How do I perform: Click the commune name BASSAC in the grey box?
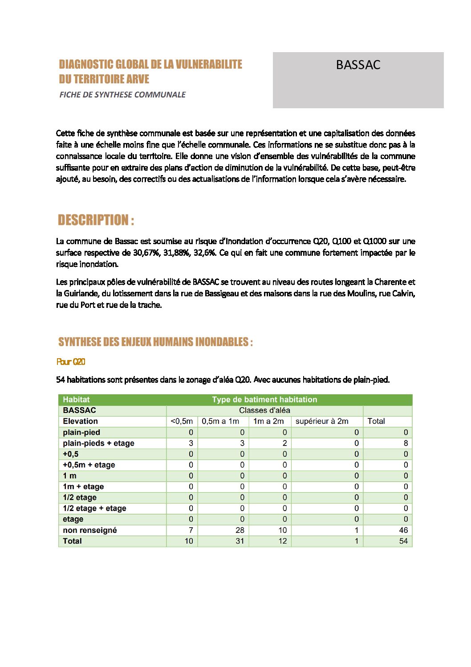pos(358,65)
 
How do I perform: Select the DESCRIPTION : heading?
pos(96,220)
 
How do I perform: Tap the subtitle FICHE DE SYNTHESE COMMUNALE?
pos(122,94)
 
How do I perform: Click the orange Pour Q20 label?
pos(71,362)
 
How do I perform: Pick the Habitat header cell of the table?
pos(76,400)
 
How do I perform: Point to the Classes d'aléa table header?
pos(264,410)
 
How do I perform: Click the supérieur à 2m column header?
pos(322,421)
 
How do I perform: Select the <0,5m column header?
pos(182,421)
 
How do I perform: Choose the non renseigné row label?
pos(90,530)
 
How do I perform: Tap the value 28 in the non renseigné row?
pos(240,530)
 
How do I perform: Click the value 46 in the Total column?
pos(403,530)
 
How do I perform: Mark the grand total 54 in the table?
pos(403,541)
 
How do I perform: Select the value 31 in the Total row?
pos(240,541)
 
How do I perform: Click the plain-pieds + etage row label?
pos(98,443)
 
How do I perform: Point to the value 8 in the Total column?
pos(406,443)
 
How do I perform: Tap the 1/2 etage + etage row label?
pos(94,508)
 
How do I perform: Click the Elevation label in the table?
pos(80,421)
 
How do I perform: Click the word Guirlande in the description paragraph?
pos(79,294)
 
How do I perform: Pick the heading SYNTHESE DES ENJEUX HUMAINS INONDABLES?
pos(155,342)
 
